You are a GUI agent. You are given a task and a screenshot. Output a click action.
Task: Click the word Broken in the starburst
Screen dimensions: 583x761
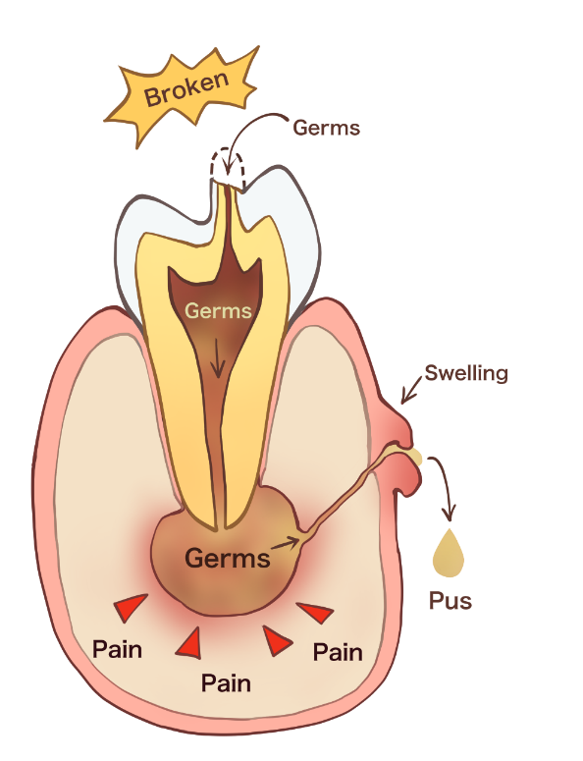186,88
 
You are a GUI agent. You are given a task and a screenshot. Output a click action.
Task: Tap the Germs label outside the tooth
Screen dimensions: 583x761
327,128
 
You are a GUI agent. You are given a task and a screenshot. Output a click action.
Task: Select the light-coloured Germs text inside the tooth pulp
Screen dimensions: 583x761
218,310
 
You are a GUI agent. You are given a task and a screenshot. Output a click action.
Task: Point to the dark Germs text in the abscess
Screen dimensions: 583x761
227,558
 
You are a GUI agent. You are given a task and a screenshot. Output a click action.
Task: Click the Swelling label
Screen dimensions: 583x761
466,374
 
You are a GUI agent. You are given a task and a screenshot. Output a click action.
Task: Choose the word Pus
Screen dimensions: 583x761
450,601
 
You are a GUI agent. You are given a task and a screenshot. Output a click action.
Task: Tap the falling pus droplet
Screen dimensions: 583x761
449,553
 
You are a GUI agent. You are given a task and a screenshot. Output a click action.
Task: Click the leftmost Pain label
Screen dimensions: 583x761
117,649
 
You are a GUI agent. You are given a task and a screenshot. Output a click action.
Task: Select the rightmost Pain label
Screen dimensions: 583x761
338,652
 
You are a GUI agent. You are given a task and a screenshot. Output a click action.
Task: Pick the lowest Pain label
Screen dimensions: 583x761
226,683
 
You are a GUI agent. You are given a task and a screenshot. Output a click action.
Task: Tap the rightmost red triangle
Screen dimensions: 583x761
316,613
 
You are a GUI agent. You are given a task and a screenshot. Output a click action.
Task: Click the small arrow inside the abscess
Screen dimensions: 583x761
287,543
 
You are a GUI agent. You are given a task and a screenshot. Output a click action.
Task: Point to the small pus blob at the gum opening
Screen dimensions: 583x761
416,458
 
